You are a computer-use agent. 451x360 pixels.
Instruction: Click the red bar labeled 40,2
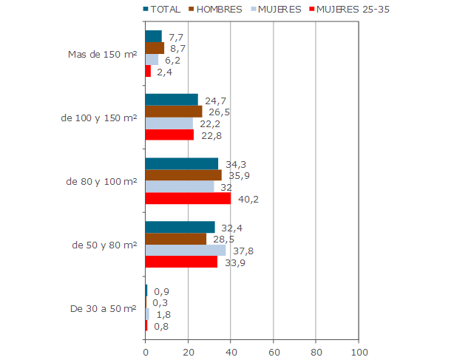[x=188, y=198]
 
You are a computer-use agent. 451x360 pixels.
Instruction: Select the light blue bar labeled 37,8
[x=186, y=251]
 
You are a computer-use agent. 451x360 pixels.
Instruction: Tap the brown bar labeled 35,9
[x=183, y=175]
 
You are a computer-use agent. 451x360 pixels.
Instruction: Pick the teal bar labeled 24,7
[x=172, y=99]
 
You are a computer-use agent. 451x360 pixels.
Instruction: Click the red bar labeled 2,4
[x=148, y=72]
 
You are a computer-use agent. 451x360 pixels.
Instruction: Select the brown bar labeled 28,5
[x=175, y=239]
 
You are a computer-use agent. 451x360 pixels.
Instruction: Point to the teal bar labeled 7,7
[x=153, y=36]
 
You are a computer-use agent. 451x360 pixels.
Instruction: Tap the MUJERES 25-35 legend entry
[x=347, y=10]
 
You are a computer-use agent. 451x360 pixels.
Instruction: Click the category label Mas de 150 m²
[x=102, y=54]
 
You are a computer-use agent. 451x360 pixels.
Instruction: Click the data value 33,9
[x=235, y=262]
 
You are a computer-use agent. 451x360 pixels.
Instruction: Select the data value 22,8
[x=211, y=135]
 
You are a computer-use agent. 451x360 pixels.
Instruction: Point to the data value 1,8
[x=163, y=314]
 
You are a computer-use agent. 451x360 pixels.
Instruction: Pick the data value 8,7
[x=177, y=48]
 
